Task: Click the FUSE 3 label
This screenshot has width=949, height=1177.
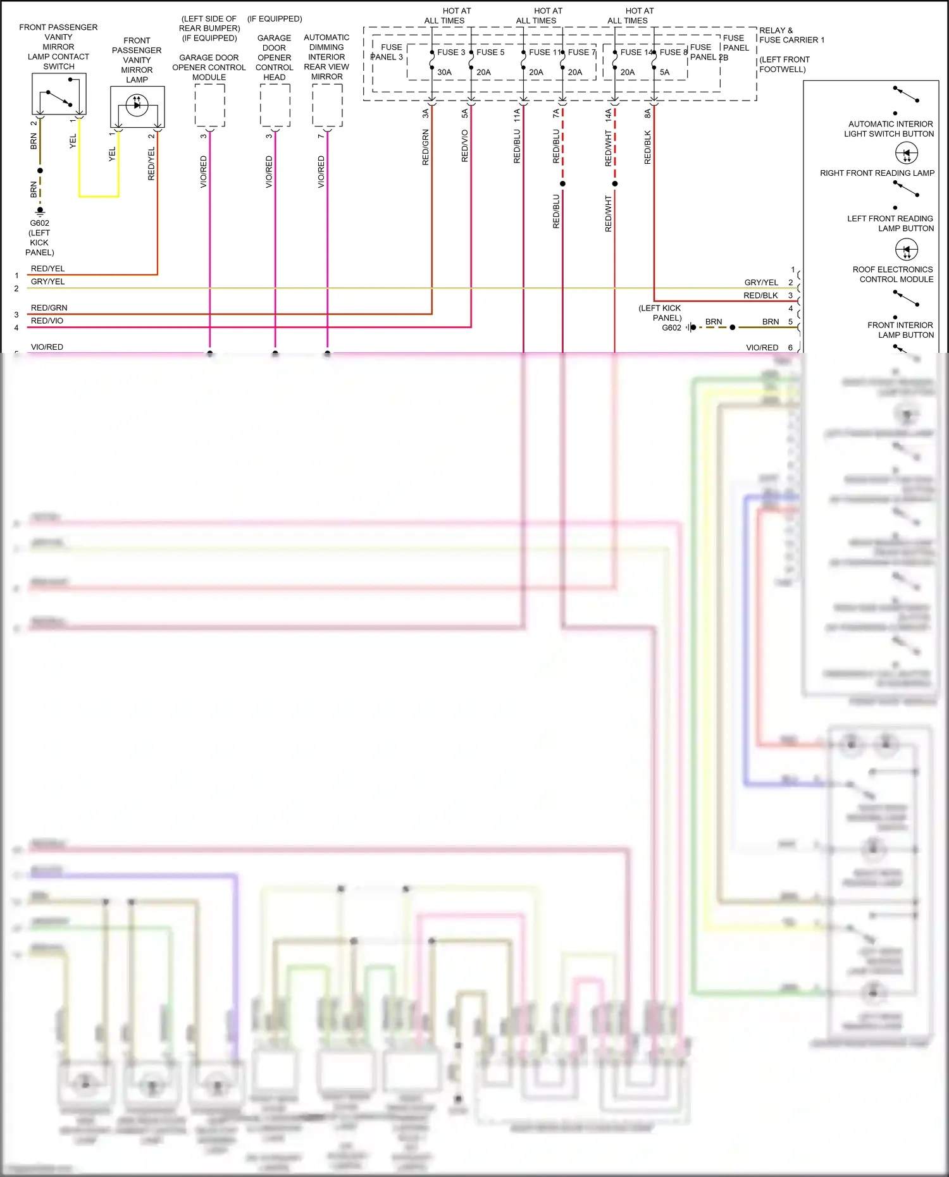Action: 450,52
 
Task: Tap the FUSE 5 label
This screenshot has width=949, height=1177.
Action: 490,52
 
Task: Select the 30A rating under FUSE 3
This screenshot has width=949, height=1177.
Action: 444,72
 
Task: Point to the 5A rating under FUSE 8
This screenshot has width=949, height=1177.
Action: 664,72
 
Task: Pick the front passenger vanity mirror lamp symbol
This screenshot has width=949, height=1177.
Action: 137,105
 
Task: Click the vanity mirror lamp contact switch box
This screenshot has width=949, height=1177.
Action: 59,94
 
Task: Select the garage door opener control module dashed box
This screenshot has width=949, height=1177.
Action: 209,106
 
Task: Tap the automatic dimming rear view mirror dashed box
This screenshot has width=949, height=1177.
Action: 327,105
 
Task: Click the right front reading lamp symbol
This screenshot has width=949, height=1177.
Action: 907,153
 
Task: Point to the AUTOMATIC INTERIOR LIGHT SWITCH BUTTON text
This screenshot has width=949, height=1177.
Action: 889,129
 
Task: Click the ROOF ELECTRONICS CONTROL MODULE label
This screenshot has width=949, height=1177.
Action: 893,274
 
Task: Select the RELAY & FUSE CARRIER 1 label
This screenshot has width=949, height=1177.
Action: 791,35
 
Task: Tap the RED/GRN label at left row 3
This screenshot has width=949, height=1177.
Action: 49,308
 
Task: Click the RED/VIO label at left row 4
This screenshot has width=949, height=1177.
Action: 47,321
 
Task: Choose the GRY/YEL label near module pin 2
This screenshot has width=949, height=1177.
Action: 761,283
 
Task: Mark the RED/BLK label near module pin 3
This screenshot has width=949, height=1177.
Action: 760,295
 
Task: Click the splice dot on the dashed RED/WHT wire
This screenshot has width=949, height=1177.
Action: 614,184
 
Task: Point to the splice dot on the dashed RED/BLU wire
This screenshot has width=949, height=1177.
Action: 562,184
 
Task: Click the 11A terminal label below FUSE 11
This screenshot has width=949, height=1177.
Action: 517,114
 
